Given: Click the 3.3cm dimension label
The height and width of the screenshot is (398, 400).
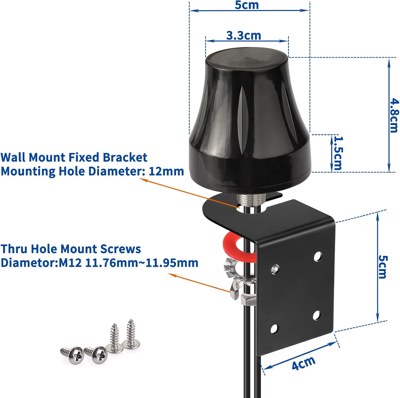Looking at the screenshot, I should pyautogui.click(x=243, y=36).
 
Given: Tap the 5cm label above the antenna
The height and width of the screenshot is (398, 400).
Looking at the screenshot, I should pyautogui.click(x=247, y=5).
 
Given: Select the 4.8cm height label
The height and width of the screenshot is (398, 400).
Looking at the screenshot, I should pyautogui.click(x=394, y=116).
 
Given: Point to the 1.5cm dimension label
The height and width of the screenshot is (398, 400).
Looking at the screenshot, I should pyautogui.click(x=338, y=153).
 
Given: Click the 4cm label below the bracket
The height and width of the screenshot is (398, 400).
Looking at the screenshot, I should pyautogui.click(x=303, y=363).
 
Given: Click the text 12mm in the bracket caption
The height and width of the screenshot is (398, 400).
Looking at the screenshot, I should pyautogui.click(x=166, y=171).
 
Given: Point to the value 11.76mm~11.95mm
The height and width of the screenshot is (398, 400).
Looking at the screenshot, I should pyautogui.click(x=142, y=263).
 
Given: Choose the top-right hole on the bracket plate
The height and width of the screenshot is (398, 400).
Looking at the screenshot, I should pyautogui.click(x=317, y=256).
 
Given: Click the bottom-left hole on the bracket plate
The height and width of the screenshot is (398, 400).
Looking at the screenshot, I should pyautogui.click(x=274, y=329).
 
